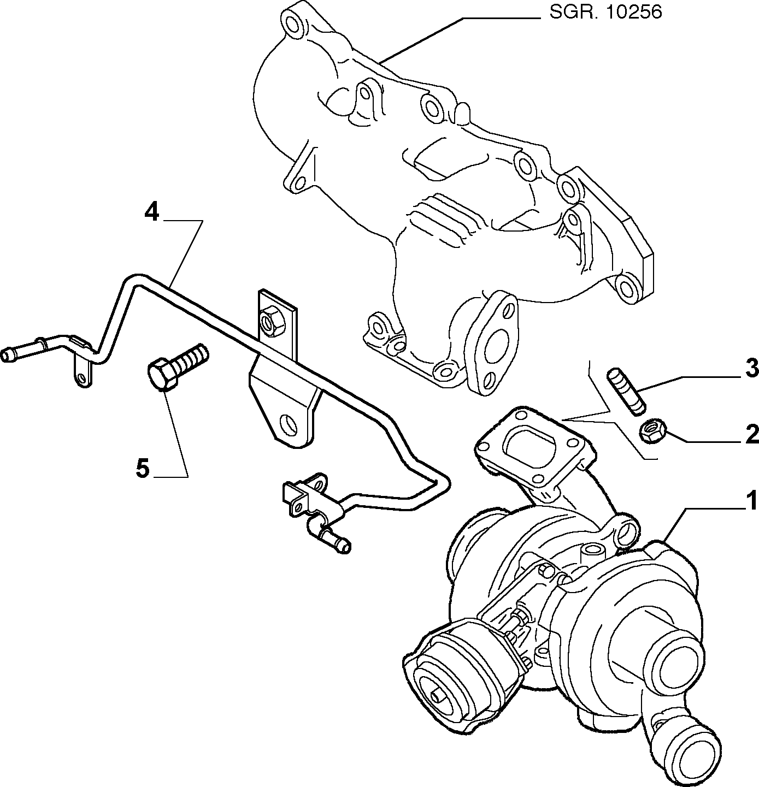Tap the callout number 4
coord(152,212)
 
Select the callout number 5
coord(143,469)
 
